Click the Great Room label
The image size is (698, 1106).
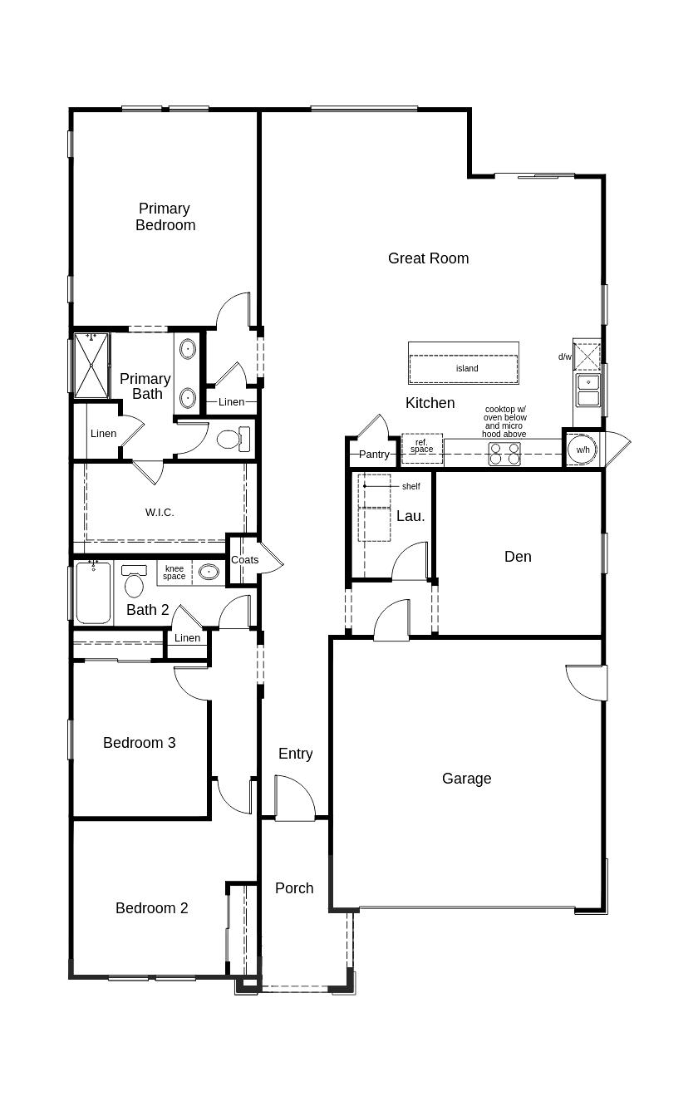[x=428, y=258]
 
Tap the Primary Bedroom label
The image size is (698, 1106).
[x=165, y=217]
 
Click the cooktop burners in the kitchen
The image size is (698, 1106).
[x=504, y=454]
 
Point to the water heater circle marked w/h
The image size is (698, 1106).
[x=582, y=450]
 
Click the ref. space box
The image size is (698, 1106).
[x=421, y=449]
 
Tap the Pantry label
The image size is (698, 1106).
[x=374, y=455]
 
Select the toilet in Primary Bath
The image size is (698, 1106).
[x=233, y=439]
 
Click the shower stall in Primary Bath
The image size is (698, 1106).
[x=91, y=365]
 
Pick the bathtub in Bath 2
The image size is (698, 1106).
[x=93, y=592]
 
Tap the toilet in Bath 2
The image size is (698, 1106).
[x=134, y=581]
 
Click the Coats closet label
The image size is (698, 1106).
[x=244, y=560]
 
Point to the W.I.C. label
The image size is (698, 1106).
[x=160, y=513]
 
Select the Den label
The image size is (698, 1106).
[x=518, y=557]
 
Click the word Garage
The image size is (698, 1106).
[x=466, y=779]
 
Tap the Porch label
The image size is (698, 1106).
[x=294, y=888]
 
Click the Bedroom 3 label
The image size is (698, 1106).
[x=139, y=743]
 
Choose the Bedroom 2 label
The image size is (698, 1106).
[x=151, y=908]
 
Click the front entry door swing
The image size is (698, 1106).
[x=294, y=799]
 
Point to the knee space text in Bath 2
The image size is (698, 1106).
[x=174, y=573]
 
